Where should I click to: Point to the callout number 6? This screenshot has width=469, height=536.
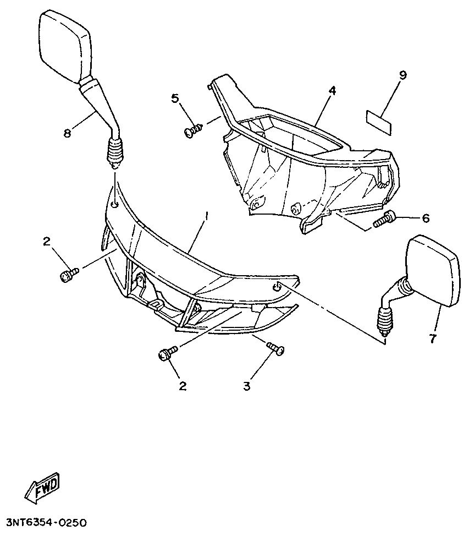(x=425, y=218)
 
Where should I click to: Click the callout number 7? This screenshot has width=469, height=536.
(x=433, y=338)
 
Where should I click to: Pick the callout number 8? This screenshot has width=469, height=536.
(x=67, y=133)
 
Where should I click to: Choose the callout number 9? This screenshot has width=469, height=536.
(x=402, y=75)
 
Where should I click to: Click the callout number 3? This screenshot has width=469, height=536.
(x=246, y=386)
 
